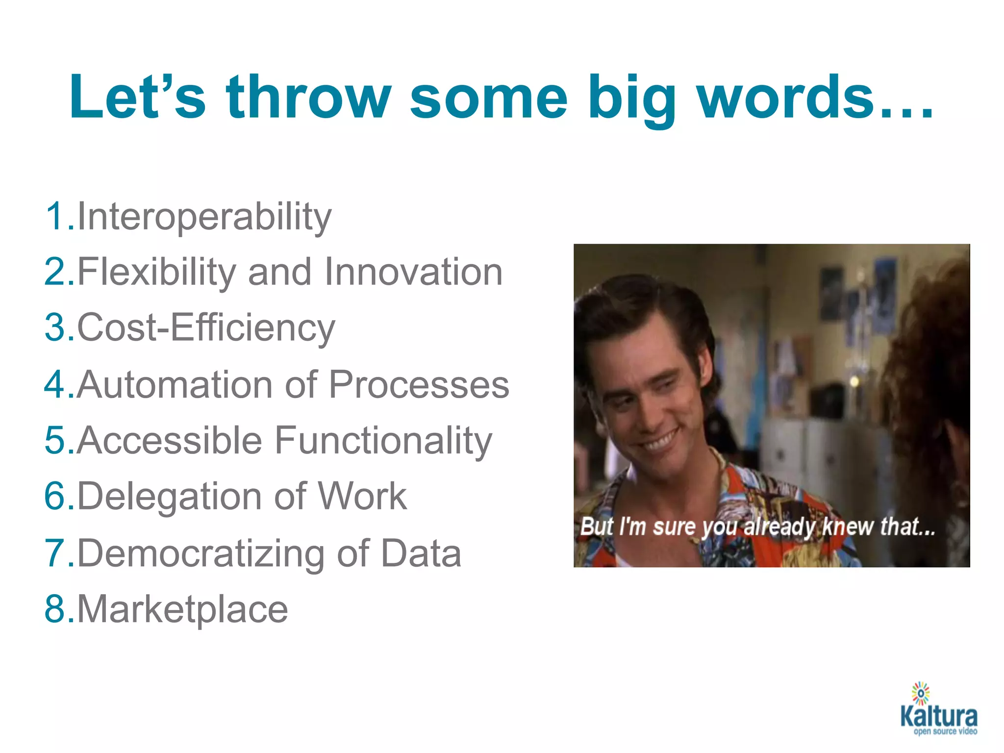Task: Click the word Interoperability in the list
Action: tap(204, 217)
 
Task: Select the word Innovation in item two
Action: tap(414, 272)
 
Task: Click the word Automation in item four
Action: tap(175, 385)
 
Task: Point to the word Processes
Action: tap(419, 385)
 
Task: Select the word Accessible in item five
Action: tap(170, 441)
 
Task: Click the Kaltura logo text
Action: tap(938, 716)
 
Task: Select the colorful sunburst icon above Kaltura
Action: tap(921, 693)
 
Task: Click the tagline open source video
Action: tap(945, 731)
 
